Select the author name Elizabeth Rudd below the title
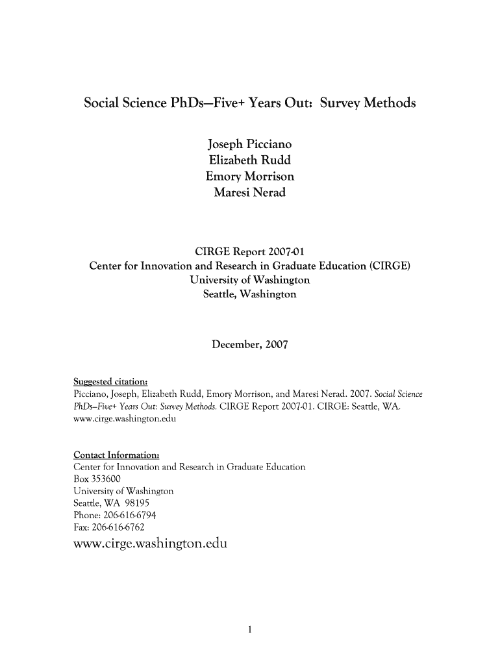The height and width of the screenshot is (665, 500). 250,160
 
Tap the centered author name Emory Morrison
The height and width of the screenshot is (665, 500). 250,176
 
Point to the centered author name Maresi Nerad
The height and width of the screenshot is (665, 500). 250,193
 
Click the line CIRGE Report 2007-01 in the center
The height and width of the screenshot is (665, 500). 250,252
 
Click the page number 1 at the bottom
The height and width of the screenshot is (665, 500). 250,629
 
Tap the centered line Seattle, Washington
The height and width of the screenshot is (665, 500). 250,294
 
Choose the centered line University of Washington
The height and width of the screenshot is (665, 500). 250,280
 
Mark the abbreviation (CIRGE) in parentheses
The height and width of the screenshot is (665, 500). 390,266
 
